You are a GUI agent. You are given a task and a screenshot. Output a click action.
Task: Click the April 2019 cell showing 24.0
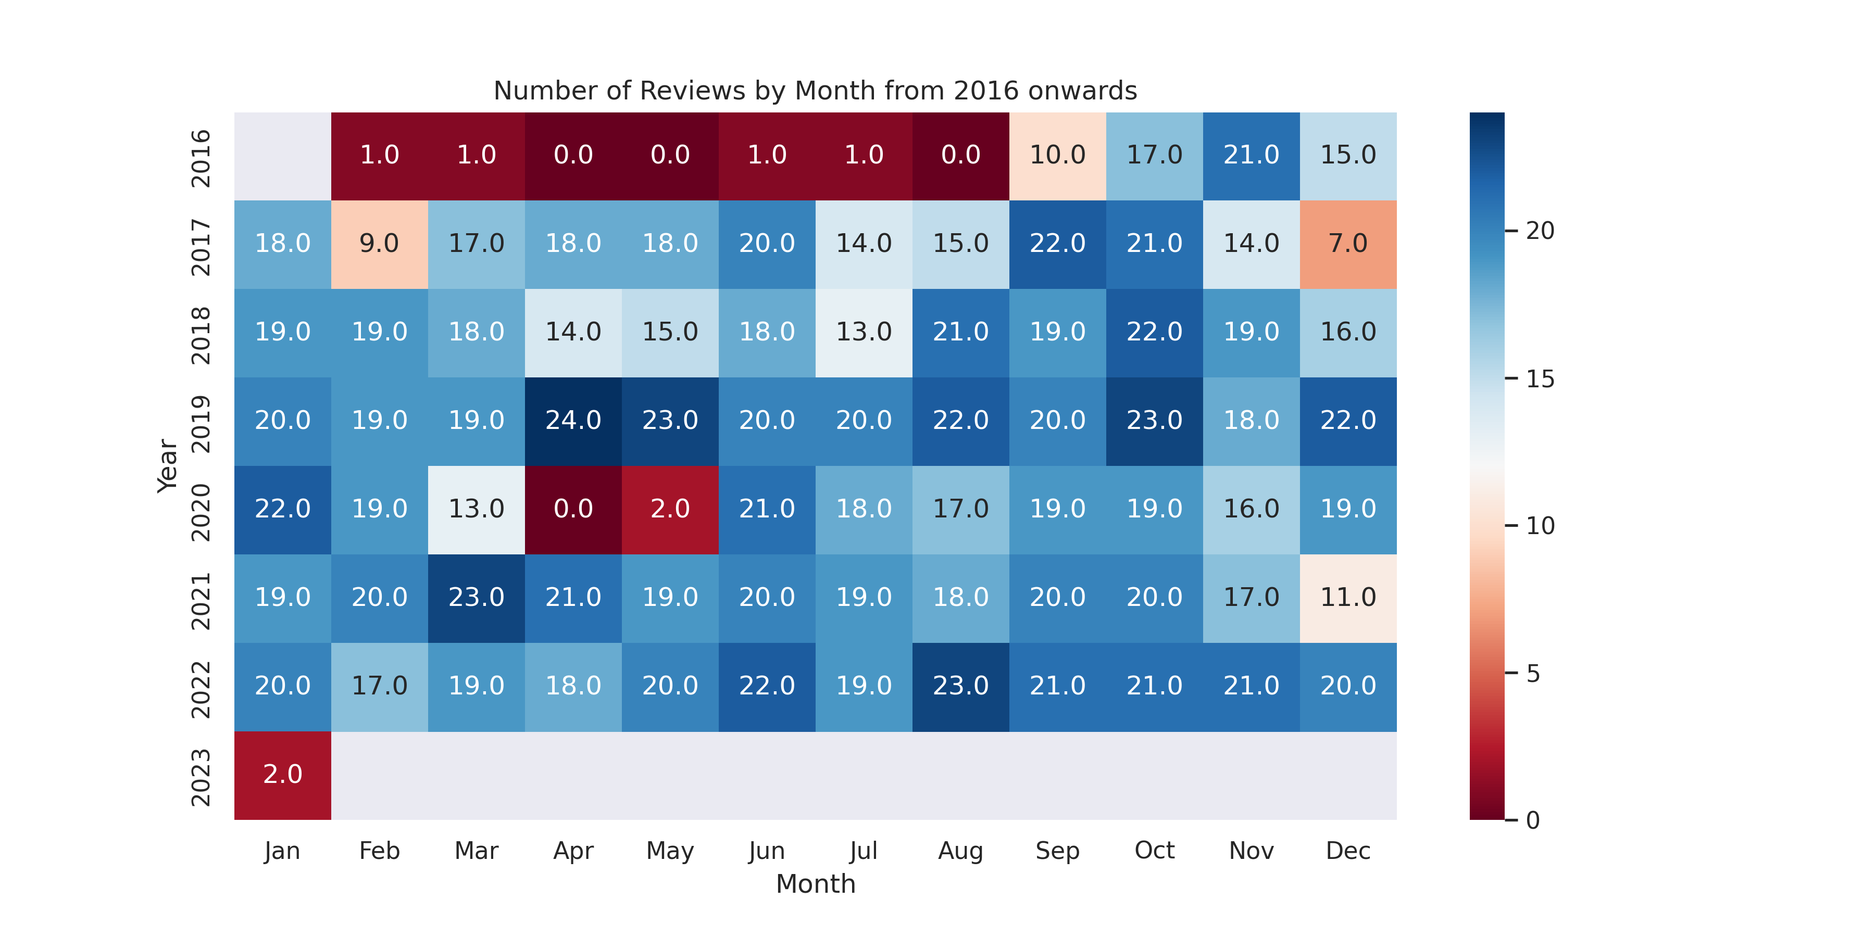click(x=573, y=421)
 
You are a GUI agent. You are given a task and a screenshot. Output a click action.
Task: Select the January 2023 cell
click(x=282, y=775)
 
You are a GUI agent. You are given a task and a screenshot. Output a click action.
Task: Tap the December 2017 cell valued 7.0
click(x=1348, y=244)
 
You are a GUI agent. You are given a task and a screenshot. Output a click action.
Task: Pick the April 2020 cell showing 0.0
click(x=573, y=509)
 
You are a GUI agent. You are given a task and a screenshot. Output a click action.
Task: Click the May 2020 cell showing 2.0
click(x=670, y=509)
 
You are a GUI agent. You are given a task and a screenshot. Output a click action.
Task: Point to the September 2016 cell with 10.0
click(x=1058, y=155)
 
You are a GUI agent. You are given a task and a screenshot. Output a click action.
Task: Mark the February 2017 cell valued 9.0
click(x=379, y=244)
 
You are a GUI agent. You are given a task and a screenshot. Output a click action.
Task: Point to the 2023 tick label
click(x=200, y=778)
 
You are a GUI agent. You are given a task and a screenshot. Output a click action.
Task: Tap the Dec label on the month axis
click(x=1348, y=851)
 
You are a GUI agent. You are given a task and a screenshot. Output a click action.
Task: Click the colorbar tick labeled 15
click(x=1540, y=379)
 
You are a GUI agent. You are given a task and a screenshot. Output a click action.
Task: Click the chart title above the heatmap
click(x=815, y=91)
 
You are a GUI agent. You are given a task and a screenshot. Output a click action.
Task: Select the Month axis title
click(x=815, y=884)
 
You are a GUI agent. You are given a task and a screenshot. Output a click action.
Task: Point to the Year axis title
click(x=167, y=465)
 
